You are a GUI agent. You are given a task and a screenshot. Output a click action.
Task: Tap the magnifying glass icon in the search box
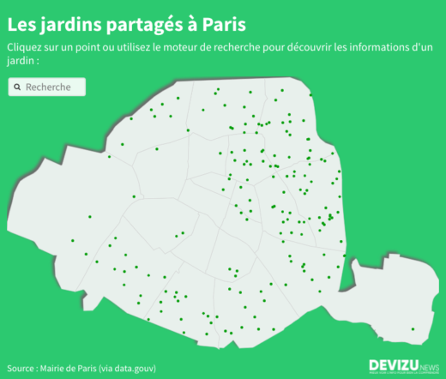(x=17, y=87)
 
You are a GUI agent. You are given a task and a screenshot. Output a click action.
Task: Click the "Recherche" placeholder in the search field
(x=48, y=87)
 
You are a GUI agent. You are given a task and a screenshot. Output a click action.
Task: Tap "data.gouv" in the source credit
(x=136, y=367)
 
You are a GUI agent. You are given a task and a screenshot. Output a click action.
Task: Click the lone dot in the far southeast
(x=413, y=329)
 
